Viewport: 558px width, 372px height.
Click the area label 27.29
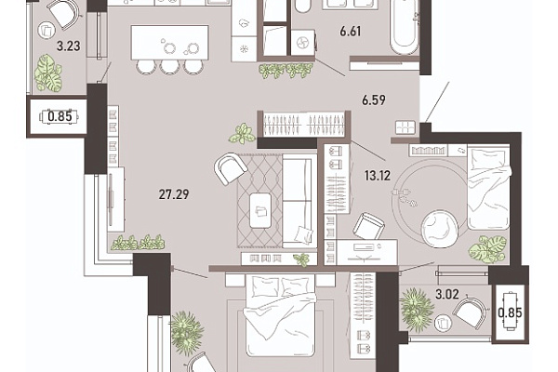tap(174, 194)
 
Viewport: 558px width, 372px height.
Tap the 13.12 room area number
tap(378, 175)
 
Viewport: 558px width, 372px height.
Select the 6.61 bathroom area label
tap(351, 32)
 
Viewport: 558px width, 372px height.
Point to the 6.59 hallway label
tap(374, 100)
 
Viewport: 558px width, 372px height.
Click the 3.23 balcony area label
tap(69, 46)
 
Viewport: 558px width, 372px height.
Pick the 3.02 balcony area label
tap(447, 295)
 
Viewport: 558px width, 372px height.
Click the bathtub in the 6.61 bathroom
tap(405, 27)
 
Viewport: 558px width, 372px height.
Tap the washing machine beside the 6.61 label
tap(303, 43)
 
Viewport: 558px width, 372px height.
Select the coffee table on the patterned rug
tap(260, 210)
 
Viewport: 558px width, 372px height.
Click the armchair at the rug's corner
tap(231, 168)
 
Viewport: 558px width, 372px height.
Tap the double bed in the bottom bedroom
tap(281, 314)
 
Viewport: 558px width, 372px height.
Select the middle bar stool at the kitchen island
tap(170, 67)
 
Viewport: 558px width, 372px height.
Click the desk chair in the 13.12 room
tap(369, 226)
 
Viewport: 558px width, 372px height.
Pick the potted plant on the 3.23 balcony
tap(48, 73)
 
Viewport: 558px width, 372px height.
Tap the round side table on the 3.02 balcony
tap(443, 324)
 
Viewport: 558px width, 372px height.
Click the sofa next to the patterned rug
tap(299, 201)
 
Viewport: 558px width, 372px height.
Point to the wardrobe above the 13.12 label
tap(304, 125)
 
